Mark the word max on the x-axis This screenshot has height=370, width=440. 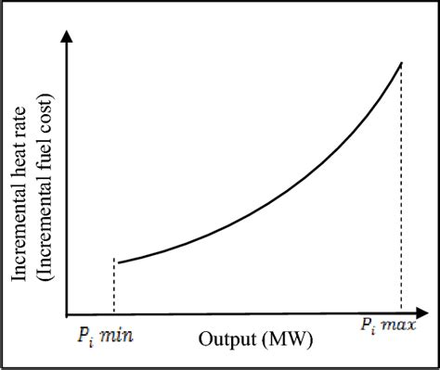coord(399,327)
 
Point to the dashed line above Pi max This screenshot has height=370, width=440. coord(401,185)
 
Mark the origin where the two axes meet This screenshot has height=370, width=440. coord(66,312)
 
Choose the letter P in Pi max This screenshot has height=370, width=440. coord(363,327)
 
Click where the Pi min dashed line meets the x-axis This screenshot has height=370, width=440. coord(113,312)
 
